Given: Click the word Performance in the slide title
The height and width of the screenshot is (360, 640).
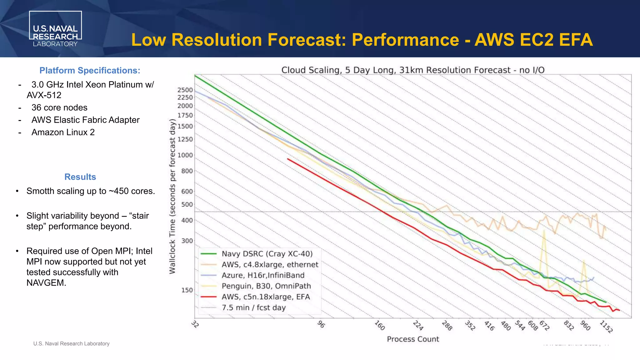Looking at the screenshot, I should click(405, 40).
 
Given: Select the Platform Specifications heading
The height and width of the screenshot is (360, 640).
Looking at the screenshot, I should click(90, 71).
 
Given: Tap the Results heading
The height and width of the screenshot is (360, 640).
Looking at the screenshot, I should click(80, 177).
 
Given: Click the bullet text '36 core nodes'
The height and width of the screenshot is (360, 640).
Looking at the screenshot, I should click(59, 107).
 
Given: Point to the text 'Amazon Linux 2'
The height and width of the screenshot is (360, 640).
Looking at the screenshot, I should click(63, 132).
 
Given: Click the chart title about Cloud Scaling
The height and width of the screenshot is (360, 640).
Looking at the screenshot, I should click(412, 70).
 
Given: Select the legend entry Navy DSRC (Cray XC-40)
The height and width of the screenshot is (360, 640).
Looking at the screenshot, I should click(267, 254).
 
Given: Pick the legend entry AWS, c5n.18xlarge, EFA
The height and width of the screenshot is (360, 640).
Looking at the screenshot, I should click(266, 297).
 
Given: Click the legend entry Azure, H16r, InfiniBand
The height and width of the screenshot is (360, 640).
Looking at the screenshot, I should click(263, 275).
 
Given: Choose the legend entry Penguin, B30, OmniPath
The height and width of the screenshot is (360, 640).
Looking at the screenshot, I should click(266, 286).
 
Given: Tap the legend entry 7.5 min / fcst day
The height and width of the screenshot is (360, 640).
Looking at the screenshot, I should click(253, 307).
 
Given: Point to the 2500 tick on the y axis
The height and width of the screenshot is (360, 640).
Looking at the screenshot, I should click(185, 90).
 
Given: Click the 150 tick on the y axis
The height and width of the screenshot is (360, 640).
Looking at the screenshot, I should click(187, 290).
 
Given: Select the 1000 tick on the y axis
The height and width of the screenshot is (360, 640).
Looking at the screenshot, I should click(185, 155).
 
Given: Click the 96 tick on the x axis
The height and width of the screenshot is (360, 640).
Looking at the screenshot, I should click(321, 324).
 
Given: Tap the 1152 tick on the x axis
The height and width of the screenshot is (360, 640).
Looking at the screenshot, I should click(606, 327).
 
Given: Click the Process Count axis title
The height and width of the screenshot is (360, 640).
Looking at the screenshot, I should click(412, 339).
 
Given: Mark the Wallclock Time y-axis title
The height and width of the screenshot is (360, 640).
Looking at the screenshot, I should click(172, 196).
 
